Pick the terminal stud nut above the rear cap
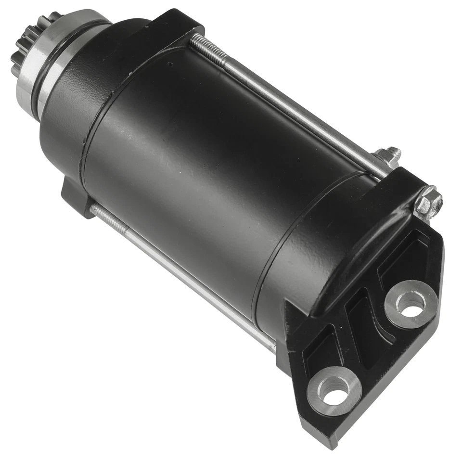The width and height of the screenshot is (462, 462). pyautogui.click(x=389, y=157)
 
